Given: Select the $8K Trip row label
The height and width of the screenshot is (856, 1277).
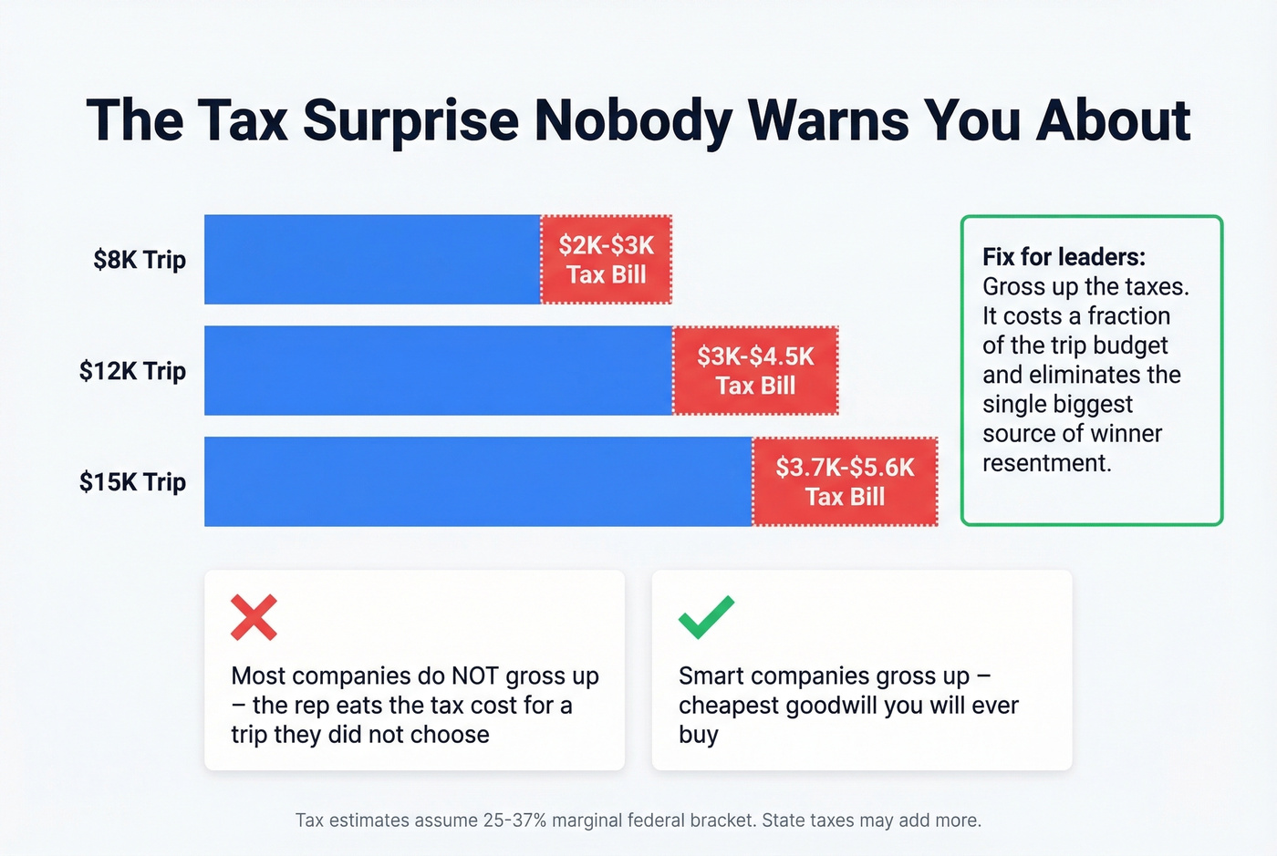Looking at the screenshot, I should pyautogui.click(x=140, y=260).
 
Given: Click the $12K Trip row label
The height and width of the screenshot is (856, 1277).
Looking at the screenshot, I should pyautogui.click(x=132, y=371).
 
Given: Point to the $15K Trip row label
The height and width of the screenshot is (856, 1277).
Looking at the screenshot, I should pyautogui.click(x=132, y=482).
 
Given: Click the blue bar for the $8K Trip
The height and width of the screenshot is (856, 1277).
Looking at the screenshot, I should pyautogui.click(x=372, y=260).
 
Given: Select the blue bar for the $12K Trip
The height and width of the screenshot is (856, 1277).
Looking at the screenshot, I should pyautogui.click(x=438, y=371).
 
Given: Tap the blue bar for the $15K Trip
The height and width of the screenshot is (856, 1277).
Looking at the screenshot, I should pyautogui.click(x=478, y=482).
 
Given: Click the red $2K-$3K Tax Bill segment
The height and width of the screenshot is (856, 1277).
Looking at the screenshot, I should pyautogui.click(x=607, y=260).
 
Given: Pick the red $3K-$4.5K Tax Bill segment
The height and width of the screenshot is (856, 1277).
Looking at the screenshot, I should pyautogui.click(x=755, y=371).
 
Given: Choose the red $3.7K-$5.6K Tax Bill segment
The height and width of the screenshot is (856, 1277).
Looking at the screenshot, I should pyautogui.click(x=845, y=482).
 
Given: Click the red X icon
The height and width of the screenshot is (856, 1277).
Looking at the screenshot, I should pyautogui.click(x=254, y=617).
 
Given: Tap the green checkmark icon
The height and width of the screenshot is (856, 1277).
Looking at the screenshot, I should pyautogui.click(x=706, y=617).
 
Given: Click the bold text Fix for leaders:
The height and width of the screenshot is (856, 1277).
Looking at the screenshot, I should pyautogui.click(x=1064, y=257).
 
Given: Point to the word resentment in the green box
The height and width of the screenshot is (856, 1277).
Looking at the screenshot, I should pyautogui.click(x=1046, y=463).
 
